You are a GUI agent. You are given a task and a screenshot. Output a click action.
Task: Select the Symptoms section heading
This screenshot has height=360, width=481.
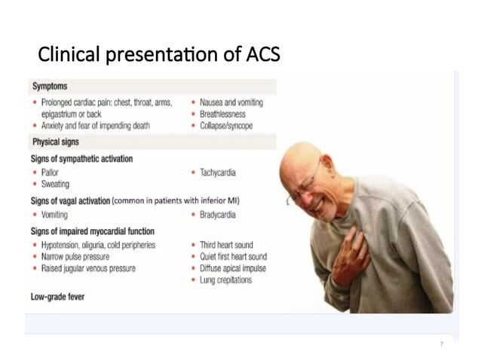coord(50,87)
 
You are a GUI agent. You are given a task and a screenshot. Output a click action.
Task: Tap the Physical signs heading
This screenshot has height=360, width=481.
coord(56,142)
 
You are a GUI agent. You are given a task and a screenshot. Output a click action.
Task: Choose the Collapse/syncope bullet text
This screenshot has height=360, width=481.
coord(226,126)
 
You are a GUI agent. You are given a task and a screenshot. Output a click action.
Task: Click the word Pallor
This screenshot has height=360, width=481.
coord(51,172)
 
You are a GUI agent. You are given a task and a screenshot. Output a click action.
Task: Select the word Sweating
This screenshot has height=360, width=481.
coord(55,185)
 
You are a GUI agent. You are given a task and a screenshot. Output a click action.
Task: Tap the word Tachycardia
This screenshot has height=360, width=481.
coord(218,172)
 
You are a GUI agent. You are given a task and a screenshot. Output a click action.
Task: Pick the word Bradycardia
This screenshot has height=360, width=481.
coord(218,215)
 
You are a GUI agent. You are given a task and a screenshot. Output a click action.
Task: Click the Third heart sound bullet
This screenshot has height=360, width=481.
coord(226,245)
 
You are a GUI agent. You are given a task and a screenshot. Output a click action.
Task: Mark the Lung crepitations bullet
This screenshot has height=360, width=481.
coord(226,280)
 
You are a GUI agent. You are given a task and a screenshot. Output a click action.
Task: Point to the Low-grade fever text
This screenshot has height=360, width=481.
coord(57,297)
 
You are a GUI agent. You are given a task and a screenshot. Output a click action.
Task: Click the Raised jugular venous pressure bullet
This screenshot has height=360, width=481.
coord(88,269)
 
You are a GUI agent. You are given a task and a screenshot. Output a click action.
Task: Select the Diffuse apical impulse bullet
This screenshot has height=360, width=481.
coord(231,269)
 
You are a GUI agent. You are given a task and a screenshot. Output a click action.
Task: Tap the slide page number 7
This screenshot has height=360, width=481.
coord(441,344)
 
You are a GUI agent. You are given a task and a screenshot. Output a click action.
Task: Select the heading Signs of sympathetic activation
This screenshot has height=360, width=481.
coord(81,158)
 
